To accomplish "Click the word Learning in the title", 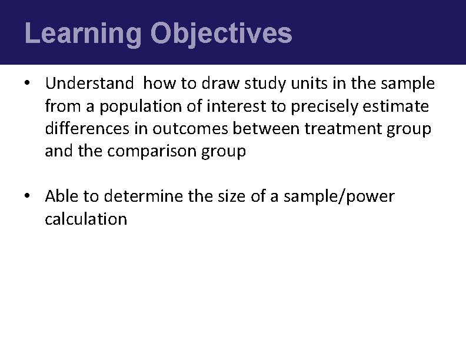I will [83, 34].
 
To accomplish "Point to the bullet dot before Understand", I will [28, 84].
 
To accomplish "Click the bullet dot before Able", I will [28, 196].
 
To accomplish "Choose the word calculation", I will [86, 219].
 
